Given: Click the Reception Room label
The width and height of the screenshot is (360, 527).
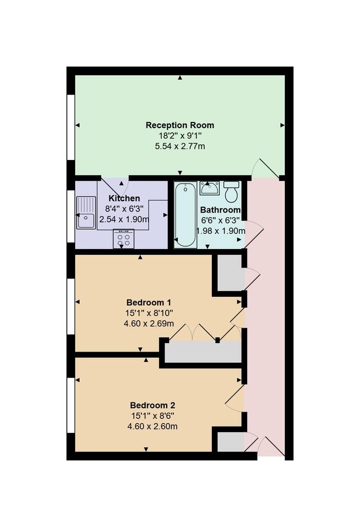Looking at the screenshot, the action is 179,126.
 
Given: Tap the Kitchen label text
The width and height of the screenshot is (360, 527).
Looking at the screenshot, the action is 124,198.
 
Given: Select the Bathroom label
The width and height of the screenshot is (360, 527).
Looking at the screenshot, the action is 220,210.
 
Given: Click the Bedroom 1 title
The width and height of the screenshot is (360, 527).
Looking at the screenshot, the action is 149,302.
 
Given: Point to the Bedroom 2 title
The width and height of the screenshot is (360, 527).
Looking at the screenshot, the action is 152,405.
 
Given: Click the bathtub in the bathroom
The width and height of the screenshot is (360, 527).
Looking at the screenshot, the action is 186,215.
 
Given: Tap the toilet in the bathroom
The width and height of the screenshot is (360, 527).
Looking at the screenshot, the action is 231,190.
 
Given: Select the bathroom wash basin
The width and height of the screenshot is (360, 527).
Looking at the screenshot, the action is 209,188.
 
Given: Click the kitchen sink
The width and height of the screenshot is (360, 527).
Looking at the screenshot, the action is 86,213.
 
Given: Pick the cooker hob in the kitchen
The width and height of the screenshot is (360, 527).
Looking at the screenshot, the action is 123,239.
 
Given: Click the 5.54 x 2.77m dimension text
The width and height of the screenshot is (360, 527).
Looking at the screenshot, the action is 180,146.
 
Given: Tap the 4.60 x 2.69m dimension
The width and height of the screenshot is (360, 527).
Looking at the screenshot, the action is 149,324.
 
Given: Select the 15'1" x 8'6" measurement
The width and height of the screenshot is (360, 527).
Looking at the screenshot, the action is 152,416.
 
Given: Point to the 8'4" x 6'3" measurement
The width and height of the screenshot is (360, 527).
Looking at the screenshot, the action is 124,209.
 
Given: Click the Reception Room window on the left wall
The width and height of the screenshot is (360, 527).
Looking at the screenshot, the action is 70,128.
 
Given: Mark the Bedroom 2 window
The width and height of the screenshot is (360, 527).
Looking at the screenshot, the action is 70,406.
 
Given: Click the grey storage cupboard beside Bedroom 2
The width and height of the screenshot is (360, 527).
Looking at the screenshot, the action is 231,442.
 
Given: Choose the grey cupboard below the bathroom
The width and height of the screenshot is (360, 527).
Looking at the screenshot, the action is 231,273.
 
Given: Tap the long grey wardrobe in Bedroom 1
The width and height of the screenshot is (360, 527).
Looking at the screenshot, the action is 203,352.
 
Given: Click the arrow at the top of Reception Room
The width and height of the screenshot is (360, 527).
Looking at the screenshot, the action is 180,78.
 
